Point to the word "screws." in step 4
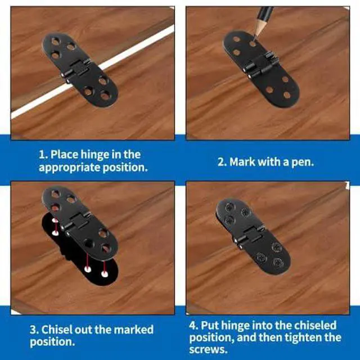tap(209, 350)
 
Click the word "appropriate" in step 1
tap(69, 168)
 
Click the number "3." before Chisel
tap(34, 330)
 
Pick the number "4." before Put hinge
tap(193, 325)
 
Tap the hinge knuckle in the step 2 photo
tap(262, 65)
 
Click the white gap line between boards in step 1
tap(92, 73)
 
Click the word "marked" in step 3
tap(134, 330)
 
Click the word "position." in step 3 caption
tap(52, 342)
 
